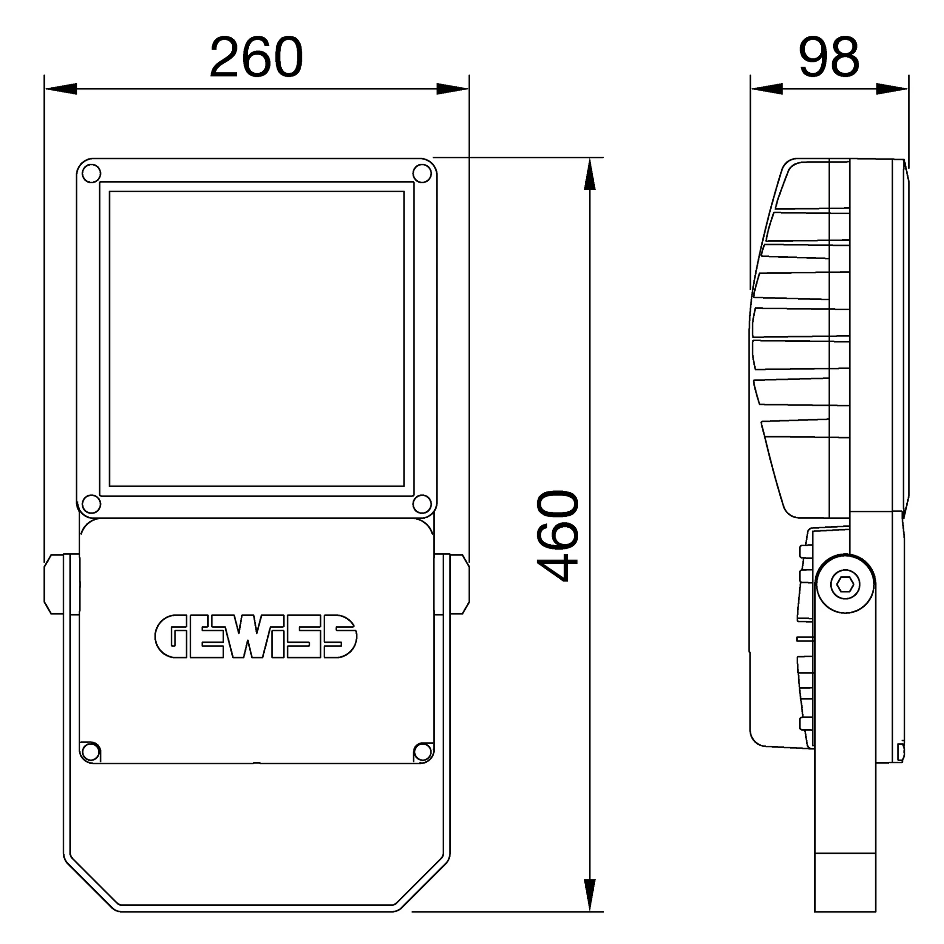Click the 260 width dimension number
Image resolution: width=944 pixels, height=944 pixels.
(256, 58)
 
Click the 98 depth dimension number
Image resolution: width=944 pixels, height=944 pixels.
(829, 58)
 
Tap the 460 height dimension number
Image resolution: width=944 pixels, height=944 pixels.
(558, 536)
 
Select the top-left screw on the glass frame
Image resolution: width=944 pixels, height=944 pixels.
(91, 173)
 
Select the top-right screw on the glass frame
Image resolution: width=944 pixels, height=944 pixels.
(422, 173)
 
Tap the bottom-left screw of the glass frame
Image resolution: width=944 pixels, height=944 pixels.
(91, 503)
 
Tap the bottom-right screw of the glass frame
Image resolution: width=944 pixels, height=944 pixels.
(422, 503)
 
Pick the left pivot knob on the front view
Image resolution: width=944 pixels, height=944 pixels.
(54, 583)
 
